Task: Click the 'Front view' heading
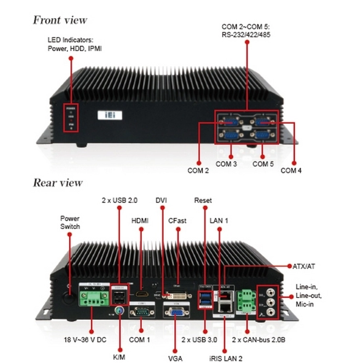tap(60, 20)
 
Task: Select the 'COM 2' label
tap(198, 171)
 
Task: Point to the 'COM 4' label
tap(291, 171)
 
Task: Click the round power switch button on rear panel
tap(69, 298)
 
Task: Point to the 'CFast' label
tap(177, 221)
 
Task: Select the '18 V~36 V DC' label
tap(85, 340)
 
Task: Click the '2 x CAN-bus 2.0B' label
tap(259, 340)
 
